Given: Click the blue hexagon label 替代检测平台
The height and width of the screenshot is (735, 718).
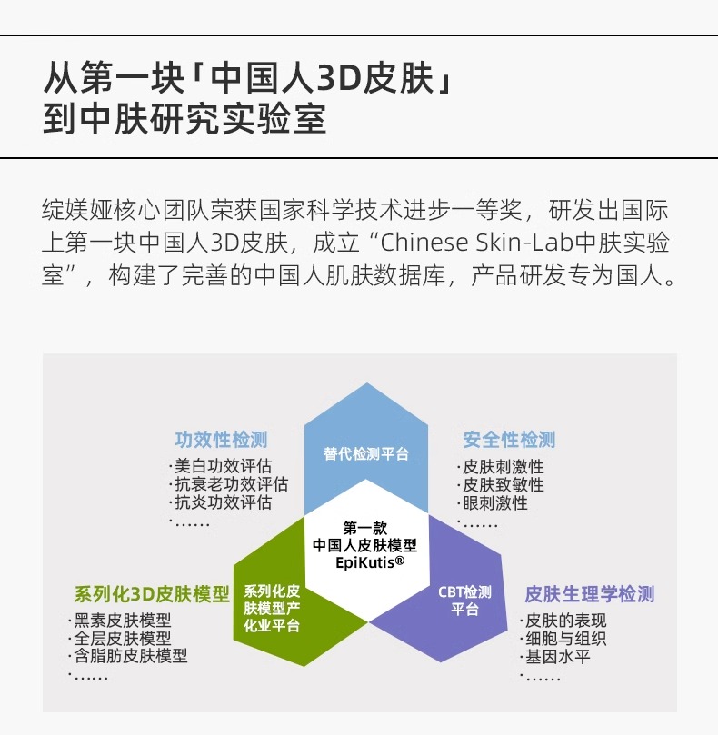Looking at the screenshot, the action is click(x=365, y=453).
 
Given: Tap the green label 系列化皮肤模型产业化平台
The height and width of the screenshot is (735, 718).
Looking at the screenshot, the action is click(x=272, y=608).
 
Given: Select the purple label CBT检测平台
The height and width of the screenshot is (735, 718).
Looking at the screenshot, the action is click(x=464, y=601).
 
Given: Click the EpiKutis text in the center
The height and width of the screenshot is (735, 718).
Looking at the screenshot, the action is click(x=367, y=563).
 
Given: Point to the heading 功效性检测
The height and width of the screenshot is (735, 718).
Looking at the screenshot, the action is click(x=221, y=440).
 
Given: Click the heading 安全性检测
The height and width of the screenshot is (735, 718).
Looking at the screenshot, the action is click(x=509, y=440).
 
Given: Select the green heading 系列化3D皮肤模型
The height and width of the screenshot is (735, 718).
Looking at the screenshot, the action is click(x=152, y=595).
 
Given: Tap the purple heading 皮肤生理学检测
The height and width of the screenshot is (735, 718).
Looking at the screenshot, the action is click(x=589, y=595).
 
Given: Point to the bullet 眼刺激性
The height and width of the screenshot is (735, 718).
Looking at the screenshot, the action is click(x=494, y=502).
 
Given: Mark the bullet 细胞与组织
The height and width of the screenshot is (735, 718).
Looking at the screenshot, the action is click(x=564, y=639).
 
